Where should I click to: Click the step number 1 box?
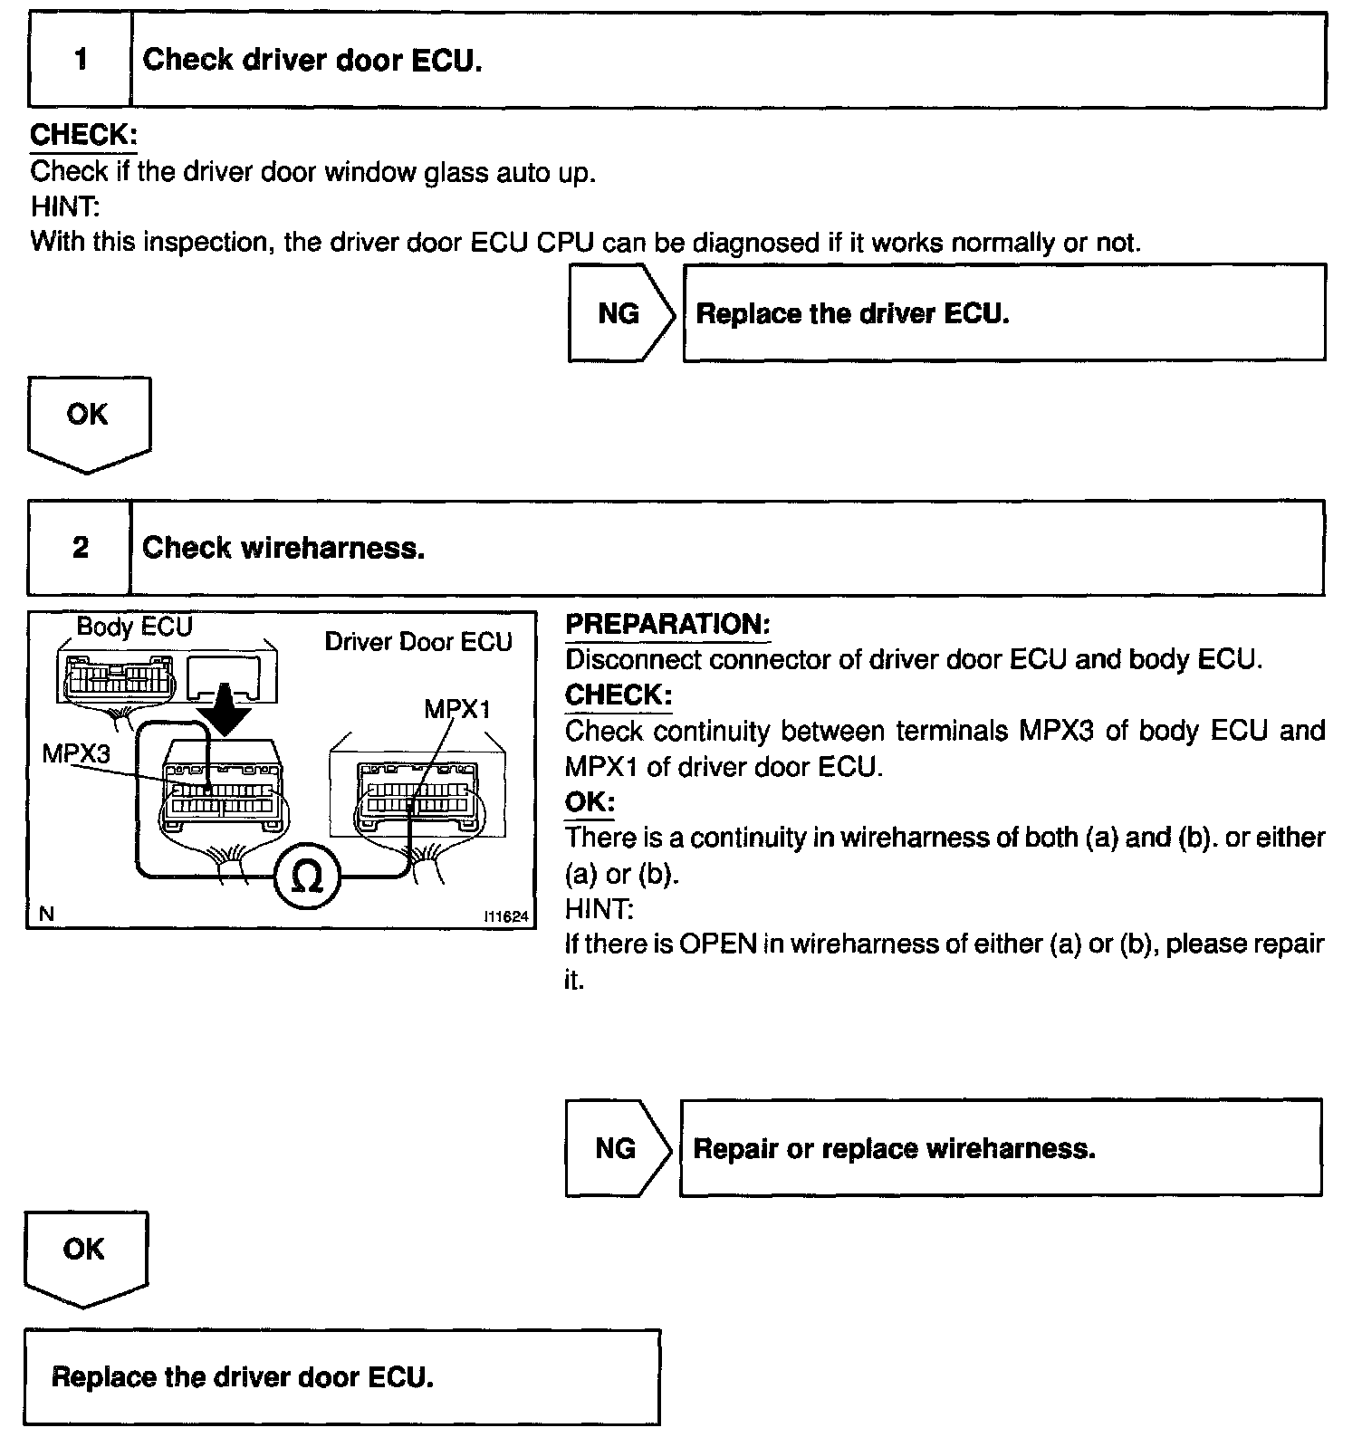tap(81, 61)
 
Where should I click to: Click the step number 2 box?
tap(81, 548)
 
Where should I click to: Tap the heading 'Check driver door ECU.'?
tap(312, 61)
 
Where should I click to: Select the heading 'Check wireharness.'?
tap(283, 548)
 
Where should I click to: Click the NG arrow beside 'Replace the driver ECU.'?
tap(620, 313)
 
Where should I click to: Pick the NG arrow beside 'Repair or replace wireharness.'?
tap(617, 1148)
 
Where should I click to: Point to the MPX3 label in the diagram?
tap(76, 752)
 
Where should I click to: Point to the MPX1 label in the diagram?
tap(457, 709)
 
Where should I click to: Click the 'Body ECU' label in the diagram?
tap(134, 627)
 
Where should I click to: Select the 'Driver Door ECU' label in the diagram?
tap(418, 642)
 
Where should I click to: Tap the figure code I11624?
tap(506, 916)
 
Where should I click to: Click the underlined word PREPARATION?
tap(667, 624)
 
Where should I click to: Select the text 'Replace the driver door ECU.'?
tap(243, 1377)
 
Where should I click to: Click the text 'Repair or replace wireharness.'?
tap(894, 1148)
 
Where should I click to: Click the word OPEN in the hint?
tap(717, 944)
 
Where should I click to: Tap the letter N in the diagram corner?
tap(46, 915)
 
